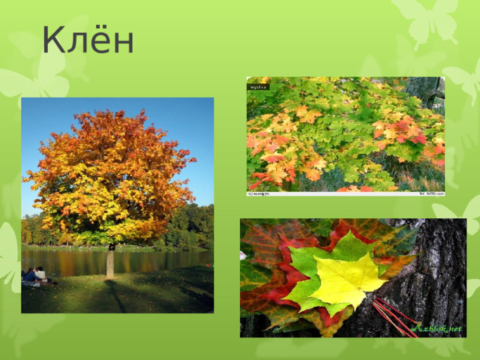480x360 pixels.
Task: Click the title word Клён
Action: [x=88, y=40]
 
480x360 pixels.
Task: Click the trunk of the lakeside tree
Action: [x=110, y=262]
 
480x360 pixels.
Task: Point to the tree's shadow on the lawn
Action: [x=120, y=296]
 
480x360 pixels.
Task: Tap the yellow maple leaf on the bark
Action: [x=346, y=279]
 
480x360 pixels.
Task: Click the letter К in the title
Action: [x=53, y=40]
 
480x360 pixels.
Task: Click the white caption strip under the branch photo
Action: [x=345, y=193]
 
